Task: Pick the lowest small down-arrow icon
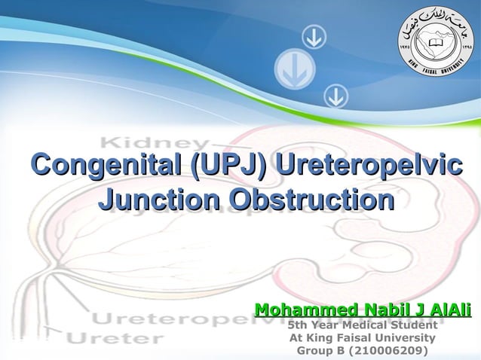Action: [x=335, y=96]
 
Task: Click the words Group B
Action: [x=321, y=351]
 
